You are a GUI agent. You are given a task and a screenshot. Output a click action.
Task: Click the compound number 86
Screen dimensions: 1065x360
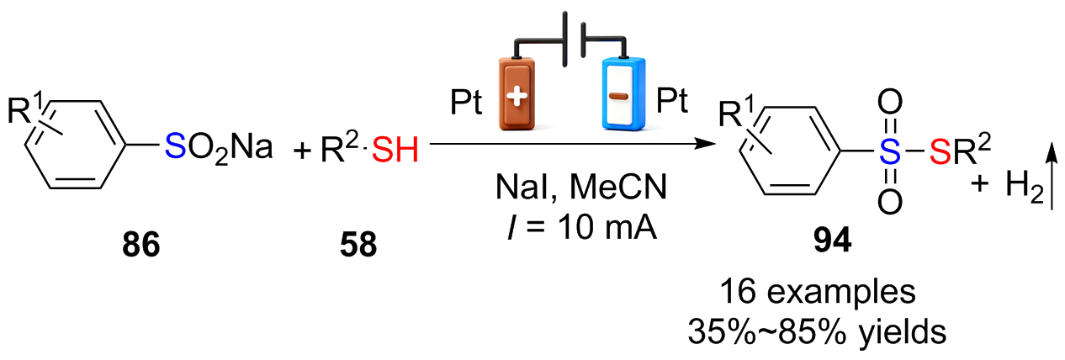click(x=140, y=245)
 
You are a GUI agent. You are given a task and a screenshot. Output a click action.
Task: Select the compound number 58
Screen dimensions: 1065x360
click(x=358, y=245)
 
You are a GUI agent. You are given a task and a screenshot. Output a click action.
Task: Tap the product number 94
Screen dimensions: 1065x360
click(x=832, y=241)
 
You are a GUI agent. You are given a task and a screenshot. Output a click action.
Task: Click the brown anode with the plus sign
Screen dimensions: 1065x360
click(x=517, y=93)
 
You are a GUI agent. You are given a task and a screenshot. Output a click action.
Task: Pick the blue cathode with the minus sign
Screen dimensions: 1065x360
click(x=623, y=93)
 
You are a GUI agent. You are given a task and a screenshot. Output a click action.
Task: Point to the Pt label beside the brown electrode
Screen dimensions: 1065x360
click(x=466, y=103)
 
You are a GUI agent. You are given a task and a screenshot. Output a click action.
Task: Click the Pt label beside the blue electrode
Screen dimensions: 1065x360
click(x=672, y=100)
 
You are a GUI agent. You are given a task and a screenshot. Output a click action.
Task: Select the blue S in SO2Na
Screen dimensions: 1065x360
click(x=175, y=146)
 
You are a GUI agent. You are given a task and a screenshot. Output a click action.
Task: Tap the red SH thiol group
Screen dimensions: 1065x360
click(x=395, y=150)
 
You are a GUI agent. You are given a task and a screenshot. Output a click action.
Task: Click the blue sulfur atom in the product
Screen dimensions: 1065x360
click(x=889, y=152)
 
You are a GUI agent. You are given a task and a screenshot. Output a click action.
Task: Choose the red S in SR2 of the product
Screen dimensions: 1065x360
click(x=940, y=152)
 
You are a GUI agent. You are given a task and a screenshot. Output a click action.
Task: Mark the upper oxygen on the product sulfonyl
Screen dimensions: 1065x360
click(x=889, y=102)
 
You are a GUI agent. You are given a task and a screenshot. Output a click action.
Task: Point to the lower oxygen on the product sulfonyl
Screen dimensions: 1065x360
click(x=889, y=203)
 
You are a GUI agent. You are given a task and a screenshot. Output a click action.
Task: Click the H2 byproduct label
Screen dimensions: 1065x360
click(x=1024, y=186)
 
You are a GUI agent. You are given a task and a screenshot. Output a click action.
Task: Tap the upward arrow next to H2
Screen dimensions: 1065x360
click(x=1052, y=177)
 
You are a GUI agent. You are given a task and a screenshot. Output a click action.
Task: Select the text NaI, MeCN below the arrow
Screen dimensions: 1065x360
click(x=581, y=187)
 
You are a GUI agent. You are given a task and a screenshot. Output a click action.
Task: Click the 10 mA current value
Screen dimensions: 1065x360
click(x=607, y=227)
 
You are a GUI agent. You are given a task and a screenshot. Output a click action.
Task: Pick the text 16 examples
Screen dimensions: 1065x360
click(x=818, y=292)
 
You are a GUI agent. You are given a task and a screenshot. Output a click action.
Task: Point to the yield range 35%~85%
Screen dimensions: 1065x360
click(x=767, y=331)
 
